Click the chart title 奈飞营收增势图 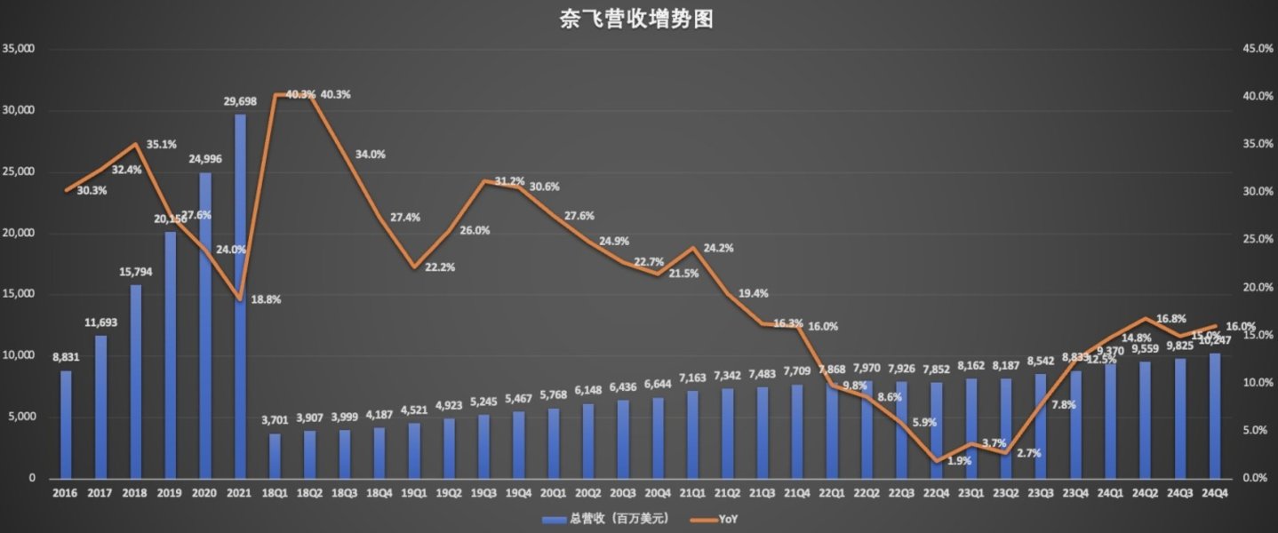(x=638, y=19)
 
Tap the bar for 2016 (x=65, y=425)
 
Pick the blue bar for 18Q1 (x=274, y=456)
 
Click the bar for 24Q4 (x=1215, y=416)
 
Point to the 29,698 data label (x=240, y=101)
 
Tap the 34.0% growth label (x=371, y=154)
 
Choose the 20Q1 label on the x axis (x=553, y=493)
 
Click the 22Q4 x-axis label (x=937, y=493)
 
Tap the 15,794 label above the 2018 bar (x=134, y=271)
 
